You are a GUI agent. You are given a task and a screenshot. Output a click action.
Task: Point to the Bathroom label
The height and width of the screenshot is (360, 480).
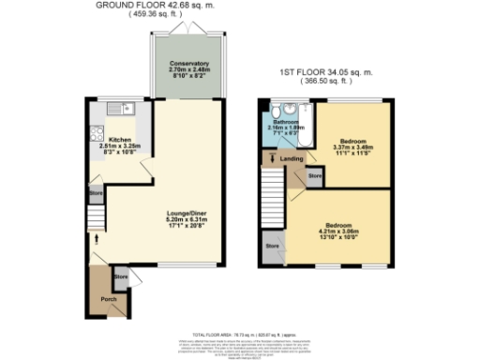(x=285, y=123)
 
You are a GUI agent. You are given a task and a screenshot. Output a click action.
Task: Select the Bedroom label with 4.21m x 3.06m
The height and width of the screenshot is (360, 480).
(x=339, y=226)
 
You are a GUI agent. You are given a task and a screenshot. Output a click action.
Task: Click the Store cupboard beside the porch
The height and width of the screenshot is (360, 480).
(x=121, y=277)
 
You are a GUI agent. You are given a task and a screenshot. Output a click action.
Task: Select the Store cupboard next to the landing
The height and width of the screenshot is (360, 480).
(x=316, y=175)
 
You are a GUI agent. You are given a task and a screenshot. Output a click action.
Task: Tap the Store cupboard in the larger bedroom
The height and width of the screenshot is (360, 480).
(x=273, y=247)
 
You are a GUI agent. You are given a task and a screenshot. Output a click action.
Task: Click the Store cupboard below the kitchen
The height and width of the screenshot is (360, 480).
(x=95, y=194)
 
